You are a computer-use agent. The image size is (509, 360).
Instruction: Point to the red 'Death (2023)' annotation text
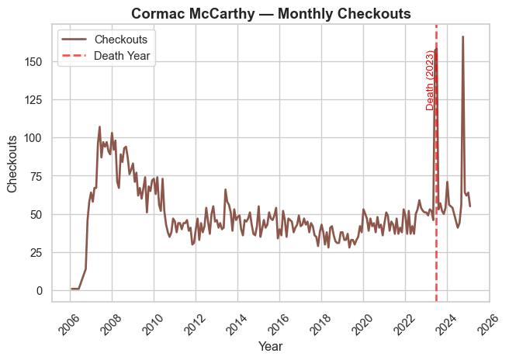[x=431, y=79]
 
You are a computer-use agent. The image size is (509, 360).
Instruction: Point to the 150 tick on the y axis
[x=43, y=61]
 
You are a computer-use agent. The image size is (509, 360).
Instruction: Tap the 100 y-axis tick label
[x=43, y=138]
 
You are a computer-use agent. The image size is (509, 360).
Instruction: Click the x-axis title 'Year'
[x=271, y=346]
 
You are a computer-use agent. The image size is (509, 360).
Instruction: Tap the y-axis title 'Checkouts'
[x=13, y=164]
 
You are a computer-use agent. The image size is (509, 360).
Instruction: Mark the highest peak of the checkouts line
[x=463, y=36]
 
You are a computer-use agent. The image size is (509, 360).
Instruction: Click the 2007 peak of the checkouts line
[x=99, y=126]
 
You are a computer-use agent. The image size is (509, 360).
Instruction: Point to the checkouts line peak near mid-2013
[x=225, y=189]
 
